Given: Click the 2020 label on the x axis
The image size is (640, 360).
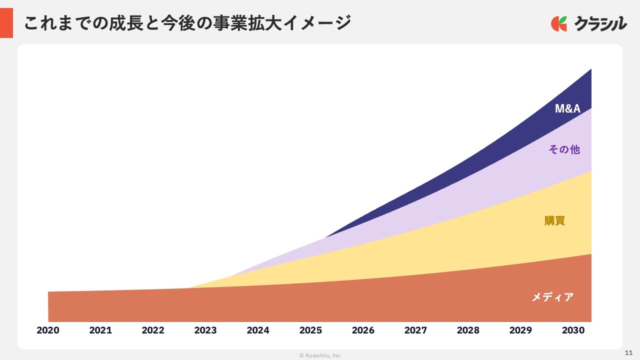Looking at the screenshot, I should pyautogui.click(x=48, y=330).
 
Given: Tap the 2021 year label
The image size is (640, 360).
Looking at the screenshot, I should pyautogui.click(x=100, y=330).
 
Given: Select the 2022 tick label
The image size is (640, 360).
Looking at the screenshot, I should pyautogui.click(x=153, y=330).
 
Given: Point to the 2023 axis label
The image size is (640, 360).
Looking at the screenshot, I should pyautogui.click(x=205, y=330).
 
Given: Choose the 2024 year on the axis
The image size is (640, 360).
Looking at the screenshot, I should pyautogui.click(x=258, y=330).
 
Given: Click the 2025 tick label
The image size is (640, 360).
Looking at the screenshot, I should pyautogui.click(x=310, y=330).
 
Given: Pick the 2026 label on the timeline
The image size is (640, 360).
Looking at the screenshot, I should pyautogui.click(x=363, y=330).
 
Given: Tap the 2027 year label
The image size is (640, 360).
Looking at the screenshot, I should pyautogui.click(x=415, y=330).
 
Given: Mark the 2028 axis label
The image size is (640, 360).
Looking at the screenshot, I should pyautogui.click(x=468, y=330).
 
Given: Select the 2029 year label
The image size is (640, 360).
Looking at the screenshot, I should pyautogui.click(x=520, y=330).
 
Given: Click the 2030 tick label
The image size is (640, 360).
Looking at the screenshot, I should pyautogui.click(x=573, y=330).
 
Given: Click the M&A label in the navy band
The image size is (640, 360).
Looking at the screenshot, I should pyautogui.click(x=567, y=108).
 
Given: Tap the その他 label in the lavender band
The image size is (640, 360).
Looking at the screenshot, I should pyautogui.click(x=564, y=149).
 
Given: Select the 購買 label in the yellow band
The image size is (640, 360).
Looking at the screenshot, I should pyautogui.click(x=554, y=220).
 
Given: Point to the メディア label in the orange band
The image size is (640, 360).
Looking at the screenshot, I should pyautogui.click(x=552, y=297).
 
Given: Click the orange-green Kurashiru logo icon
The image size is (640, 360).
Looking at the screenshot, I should pyautogui.click(x=559, y=23).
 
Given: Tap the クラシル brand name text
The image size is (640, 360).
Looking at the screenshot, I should pyautogui.click(x=600, y=23).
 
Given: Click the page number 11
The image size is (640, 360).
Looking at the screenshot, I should pyautogui.click(x=629, y=352).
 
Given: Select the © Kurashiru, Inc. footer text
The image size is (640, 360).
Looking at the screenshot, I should pyautogui.click(x=320, y=355).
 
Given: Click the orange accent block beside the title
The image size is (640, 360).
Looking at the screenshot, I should pyautogui.click(x=6, y=23).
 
